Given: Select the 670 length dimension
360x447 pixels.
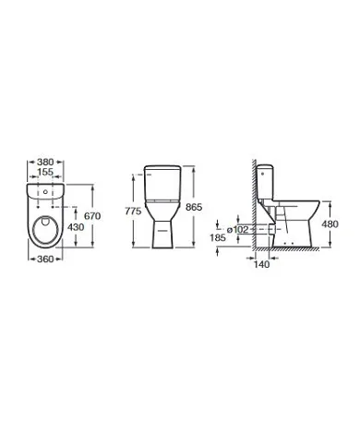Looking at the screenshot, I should [91, 215].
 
